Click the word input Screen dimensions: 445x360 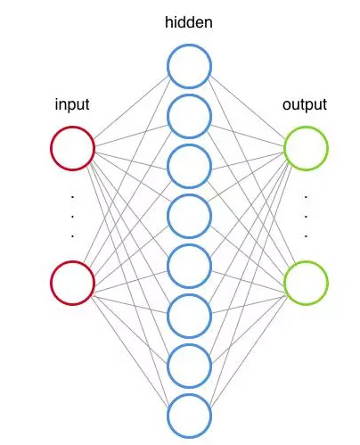coord(72,105)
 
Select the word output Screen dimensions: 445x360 coord(305,105)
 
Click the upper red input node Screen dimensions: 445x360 coord(72,149)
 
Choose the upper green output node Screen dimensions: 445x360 coord(306,149)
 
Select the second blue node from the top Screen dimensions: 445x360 coord(189,115)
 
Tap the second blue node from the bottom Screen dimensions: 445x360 coord(189,365)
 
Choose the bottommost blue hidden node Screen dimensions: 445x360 coord(189,415)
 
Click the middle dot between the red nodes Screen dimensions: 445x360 coord(72,216)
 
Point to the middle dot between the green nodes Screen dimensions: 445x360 coord(306,216)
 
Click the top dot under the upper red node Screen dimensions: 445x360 coord(72,195)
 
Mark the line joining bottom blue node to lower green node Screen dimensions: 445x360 coord(248,349)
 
